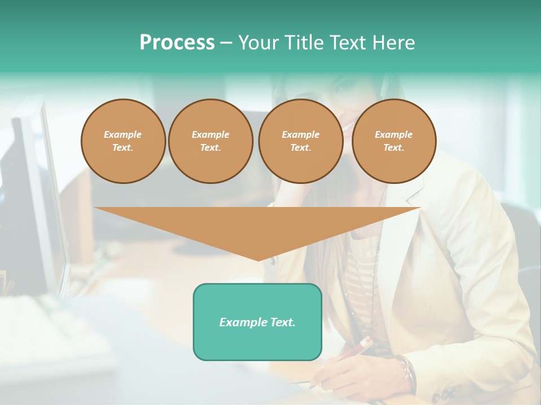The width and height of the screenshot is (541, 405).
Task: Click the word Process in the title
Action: click(x=177, y=43)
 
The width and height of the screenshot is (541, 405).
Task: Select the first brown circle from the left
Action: click(x=123, y=141)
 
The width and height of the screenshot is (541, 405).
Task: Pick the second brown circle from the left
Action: click(x=211, y=141)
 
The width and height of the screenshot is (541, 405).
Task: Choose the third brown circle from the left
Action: click(x=301, y=141)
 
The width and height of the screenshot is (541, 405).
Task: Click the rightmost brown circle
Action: click(x=394, y=141)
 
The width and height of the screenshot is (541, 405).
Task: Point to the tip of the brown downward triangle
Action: click(x=258, y=260)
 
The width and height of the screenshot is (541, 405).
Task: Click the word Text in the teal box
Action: click(x=282, y=322)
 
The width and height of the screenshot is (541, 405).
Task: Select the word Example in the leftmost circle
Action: click(x=123, y=134)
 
